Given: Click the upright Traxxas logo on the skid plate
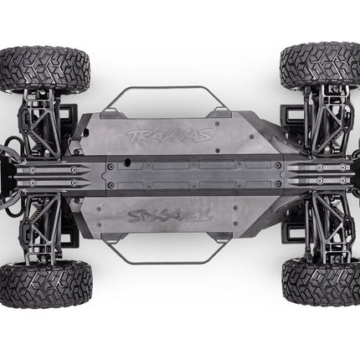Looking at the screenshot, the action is tap(170, 136).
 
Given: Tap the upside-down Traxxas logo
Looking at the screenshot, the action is tap(170, 215).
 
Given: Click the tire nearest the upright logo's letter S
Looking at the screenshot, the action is tap(321, 66).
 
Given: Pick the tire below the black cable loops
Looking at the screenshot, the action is tap(45, 284).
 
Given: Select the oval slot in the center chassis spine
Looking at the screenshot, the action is tap(127, 162).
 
